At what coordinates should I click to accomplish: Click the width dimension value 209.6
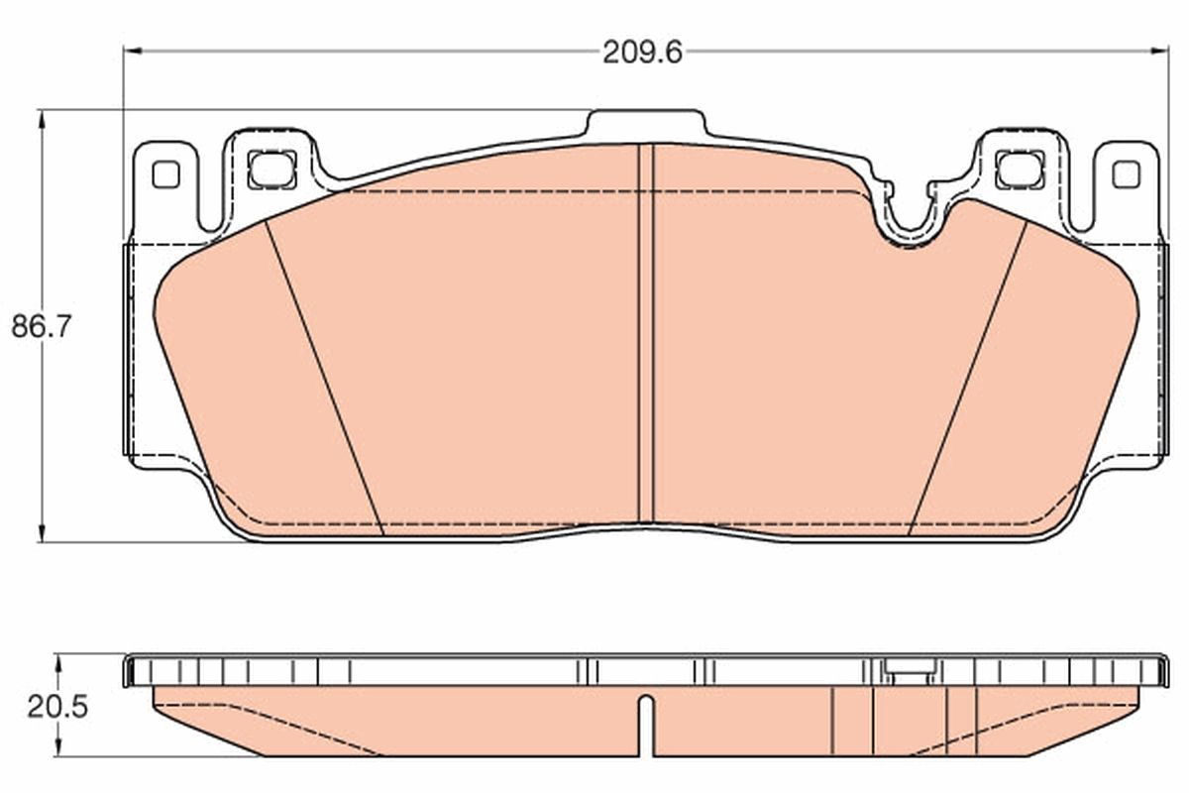643,52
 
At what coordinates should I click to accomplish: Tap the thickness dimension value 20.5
57,707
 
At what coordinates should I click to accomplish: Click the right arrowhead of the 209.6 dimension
1160,51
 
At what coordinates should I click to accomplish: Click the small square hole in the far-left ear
165,174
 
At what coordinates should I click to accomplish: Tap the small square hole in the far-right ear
1126,174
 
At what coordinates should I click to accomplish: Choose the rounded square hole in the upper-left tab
271,169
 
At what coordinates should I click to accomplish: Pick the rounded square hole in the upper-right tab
1019,169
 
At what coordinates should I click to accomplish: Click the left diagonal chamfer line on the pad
324,377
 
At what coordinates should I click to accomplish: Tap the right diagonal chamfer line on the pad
968,377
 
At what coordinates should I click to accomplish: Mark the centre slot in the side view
646,724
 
